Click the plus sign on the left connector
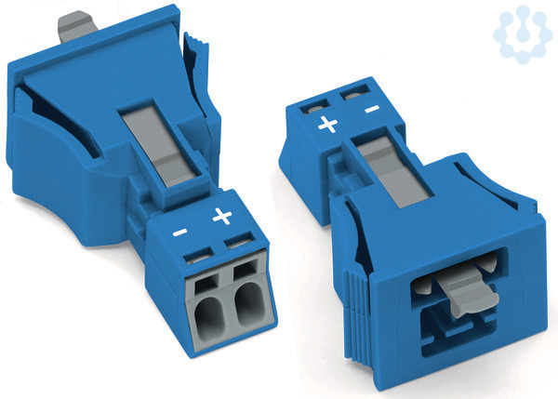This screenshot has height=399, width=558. pyautogui.click(x=222, y=217)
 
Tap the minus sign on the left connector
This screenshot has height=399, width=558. pyautogui.click(x=180, y=233)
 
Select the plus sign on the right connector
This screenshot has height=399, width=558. pyautogui.click(x=327, y=125)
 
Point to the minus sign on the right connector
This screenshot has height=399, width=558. pyautogui.click(x=372, y=109)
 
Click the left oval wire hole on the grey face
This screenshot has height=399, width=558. pyautogui.click(x=209, y=313)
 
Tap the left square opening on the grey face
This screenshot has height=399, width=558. pyautogui.click(x=206, y=284)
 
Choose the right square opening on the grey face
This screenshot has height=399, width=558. pyautogui.click(x=246, y=270)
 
